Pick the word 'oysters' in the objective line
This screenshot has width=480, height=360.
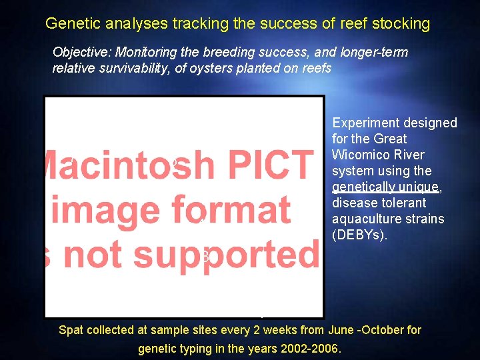[213, 68]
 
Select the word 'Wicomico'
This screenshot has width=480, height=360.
[360, 155]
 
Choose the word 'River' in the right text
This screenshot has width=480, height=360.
[409, 155]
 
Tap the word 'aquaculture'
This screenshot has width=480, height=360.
[365, 219]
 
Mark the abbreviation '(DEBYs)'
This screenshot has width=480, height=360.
[359, 235]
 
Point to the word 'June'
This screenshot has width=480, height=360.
[341, 330]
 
